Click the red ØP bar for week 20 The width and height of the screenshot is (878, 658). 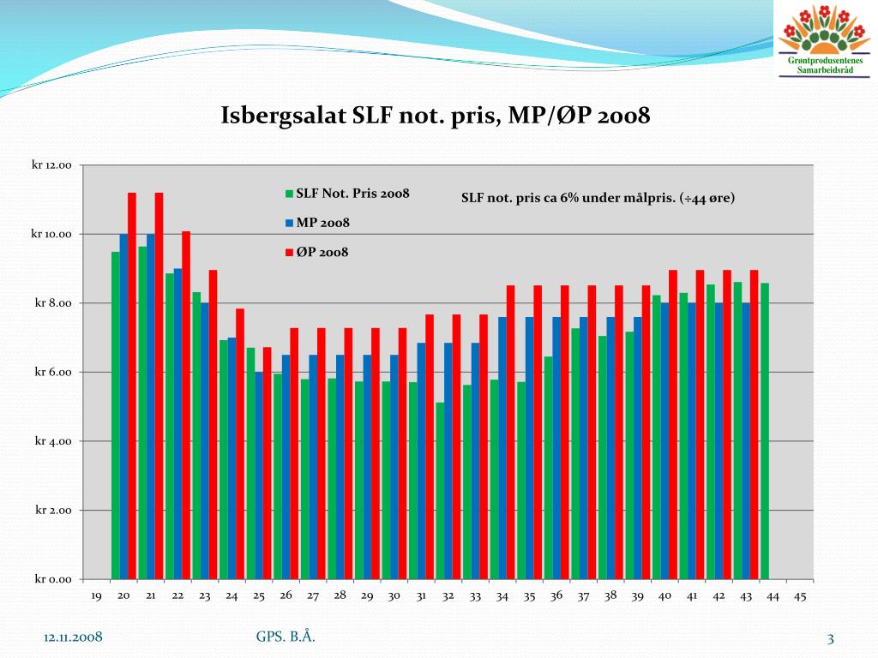(x=132, y=386)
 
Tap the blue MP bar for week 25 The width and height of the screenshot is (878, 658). (x=259, y=476)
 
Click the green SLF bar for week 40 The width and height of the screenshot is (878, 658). (x=656, y=437)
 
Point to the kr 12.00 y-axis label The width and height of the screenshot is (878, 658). (x=52, y=165)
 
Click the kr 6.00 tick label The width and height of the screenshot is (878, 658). (x=54, y=373)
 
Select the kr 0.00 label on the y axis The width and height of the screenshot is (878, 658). (x=54, y=580)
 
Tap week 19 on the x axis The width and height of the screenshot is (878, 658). (x=96, y=597)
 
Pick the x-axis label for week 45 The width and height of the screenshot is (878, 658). (x=800, y=597)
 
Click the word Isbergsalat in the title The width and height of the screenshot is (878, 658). (x=283, y=116)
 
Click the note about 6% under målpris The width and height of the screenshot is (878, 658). (x=598, y=198)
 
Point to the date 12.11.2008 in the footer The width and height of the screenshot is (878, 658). (x=74, y=637)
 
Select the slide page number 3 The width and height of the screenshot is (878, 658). (x=830, y=637)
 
